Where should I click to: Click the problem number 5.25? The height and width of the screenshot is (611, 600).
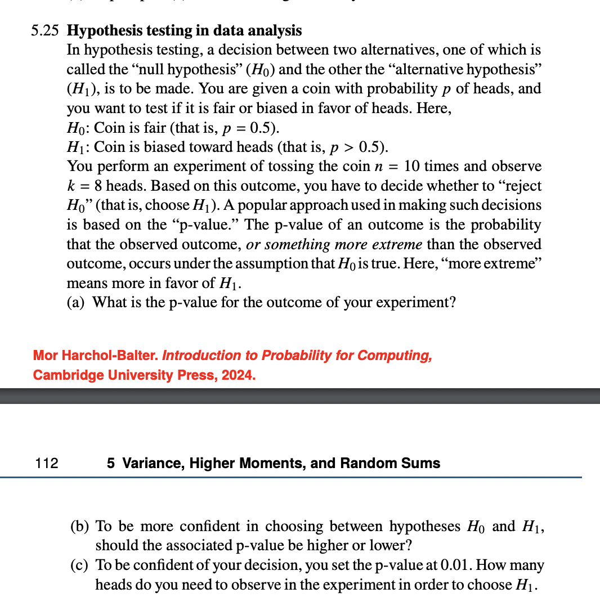click(44, 30)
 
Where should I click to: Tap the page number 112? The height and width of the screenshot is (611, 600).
click(46, 463)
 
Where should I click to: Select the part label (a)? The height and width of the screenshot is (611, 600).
click(76, 303)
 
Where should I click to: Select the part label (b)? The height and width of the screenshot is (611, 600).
click(79, 527)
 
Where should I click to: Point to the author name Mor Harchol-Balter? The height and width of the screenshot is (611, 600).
click(96, 356)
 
